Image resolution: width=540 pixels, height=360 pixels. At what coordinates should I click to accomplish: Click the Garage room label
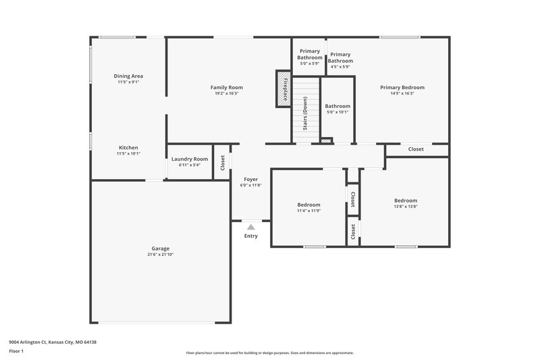pyautogui.click(x=160, y=248)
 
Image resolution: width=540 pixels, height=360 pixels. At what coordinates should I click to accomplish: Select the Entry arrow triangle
pyautogui.click(x=250, y=228)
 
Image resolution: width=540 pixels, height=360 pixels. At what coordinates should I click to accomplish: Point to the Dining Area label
pyautogui.click(x=128, y=76)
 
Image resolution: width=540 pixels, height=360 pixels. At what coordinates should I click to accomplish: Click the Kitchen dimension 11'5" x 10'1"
pyautogui.click(x=128, y=154)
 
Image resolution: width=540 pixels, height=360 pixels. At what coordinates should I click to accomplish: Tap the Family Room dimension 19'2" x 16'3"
pyautogui.click(x=226, y=93)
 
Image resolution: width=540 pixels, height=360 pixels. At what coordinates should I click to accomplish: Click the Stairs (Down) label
pyautogui.click(x=305, y=113)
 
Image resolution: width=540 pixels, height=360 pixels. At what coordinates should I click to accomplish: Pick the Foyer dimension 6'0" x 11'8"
pyautogui.click(x=250, y=185)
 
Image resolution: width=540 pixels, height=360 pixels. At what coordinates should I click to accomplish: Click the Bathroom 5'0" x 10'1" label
pyautogui.click(x=337, y=106)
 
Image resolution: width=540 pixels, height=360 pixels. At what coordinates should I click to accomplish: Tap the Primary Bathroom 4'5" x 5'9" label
pyautogui.click(x=340, y=57)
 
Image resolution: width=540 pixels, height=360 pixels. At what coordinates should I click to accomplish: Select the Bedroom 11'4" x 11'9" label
pyautogui.click(x=308, y=205)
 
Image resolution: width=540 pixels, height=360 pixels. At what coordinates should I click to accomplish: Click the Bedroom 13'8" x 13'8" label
pyautogui.click(x=406, y=201)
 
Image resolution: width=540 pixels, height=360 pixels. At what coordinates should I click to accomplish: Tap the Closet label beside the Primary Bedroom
pyautogui.click(x=416, y=149)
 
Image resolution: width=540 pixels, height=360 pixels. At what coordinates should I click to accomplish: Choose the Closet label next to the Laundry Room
pyautogui.click(x=222, y=163)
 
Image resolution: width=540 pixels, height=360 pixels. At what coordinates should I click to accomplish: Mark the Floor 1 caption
pyautogui.click(x=16, y=351)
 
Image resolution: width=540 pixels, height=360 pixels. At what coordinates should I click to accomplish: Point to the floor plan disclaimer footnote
pyautogui.click(x=269, y=353)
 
